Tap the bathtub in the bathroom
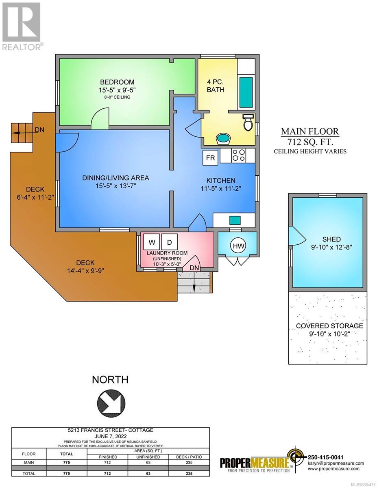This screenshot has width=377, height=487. point(246,93)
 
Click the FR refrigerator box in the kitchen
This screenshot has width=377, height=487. point(210,158)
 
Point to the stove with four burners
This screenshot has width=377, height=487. point(239,155)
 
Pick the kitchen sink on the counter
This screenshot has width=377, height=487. point(235,220)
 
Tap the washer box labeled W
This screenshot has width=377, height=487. point(152,242)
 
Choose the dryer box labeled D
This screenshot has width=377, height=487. point(170,242)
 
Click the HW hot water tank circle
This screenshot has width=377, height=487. point(238,246)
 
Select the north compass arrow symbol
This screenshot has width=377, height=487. point(111,403)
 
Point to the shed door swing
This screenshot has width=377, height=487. point(297,236)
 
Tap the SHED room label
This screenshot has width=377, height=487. point(331,239)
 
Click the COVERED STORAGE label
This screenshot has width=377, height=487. point(329,325)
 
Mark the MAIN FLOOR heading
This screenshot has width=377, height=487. point(310,131)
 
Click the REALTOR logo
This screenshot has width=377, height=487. point(22,26)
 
